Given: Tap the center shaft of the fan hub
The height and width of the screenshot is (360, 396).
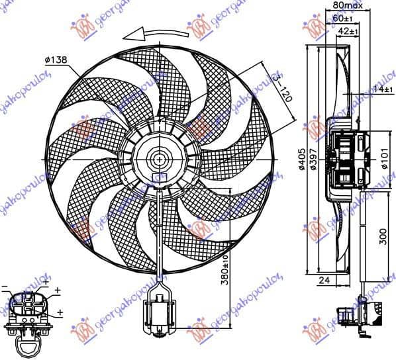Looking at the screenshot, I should click(160, 159).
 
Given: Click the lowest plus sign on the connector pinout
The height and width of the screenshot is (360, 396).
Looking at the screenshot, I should click(60, 312).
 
